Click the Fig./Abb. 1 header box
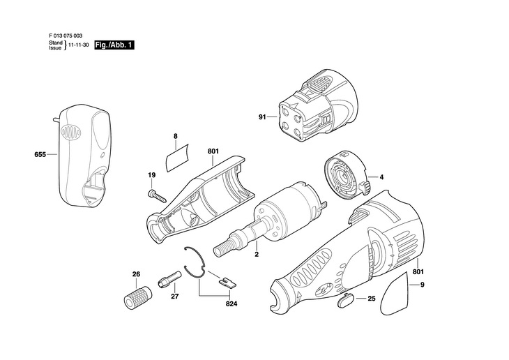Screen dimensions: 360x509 click(x=114, y=45)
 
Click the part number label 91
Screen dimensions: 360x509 click(x=262, y=117)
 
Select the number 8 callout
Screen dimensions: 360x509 click(x=176, y=137)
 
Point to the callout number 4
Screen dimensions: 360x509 click(x=381, y=177)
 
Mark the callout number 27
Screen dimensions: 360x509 click(x=175, y=296)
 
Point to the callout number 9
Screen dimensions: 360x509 click(x=421, y=285)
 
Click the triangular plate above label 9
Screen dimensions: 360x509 click(x=404, y=286)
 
